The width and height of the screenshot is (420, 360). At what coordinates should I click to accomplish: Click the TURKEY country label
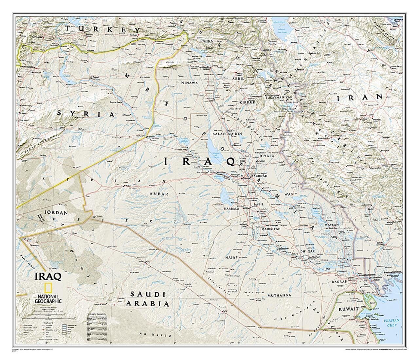click(103, 29)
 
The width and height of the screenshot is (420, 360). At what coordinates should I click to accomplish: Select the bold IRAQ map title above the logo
click(48, 276)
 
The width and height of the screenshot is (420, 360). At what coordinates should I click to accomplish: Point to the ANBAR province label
click(159, 194)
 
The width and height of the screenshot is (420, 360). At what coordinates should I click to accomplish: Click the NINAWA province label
click(190, 83)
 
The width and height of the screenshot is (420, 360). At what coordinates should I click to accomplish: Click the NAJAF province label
click(231, 258)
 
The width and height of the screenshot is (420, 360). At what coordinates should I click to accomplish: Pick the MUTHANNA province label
click(279, 295)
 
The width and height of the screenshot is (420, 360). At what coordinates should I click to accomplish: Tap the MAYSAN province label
click(332, 225)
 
